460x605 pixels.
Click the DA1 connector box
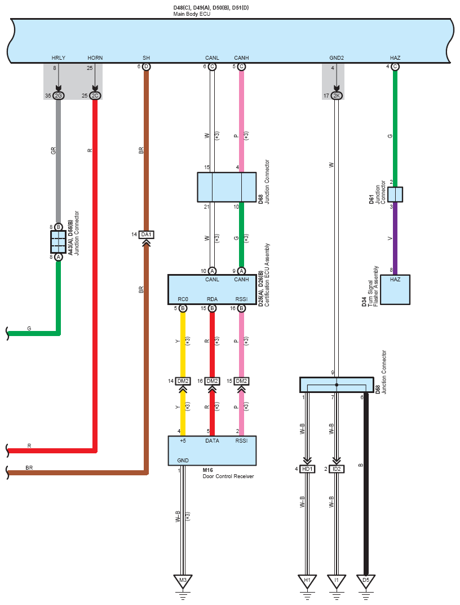point(146,235)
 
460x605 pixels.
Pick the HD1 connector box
point(307,469)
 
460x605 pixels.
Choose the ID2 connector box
point(337,469)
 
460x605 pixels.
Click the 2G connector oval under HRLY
point(58,96)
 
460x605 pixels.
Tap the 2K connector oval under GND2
point(337,96)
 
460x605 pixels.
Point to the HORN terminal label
point(95,58)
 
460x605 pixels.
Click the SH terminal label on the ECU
point(146,58)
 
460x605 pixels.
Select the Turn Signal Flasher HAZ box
point(395,290)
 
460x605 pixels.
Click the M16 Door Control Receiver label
point(228,474)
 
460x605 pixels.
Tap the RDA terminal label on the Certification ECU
point(212,299)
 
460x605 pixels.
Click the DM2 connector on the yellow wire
point(183,381)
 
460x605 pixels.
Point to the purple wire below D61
point(395,239)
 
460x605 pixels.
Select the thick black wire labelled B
point(366,484)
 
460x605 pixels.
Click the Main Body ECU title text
point(192,14)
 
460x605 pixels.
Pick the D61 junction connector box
point(395,195)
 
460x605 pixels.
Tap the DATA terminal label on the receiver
point(212,440)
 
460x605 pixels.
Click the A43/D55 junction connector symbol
point(58,242)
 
